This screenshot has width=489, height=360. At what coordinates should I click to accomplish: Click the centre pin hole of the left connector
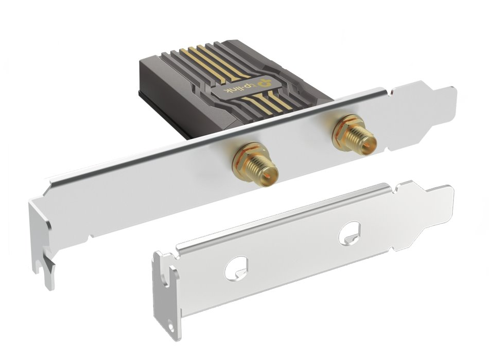[x=267, y=177]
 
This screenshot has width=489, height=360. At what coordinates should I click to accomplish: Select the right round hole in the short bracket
[x=350, y=233]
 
